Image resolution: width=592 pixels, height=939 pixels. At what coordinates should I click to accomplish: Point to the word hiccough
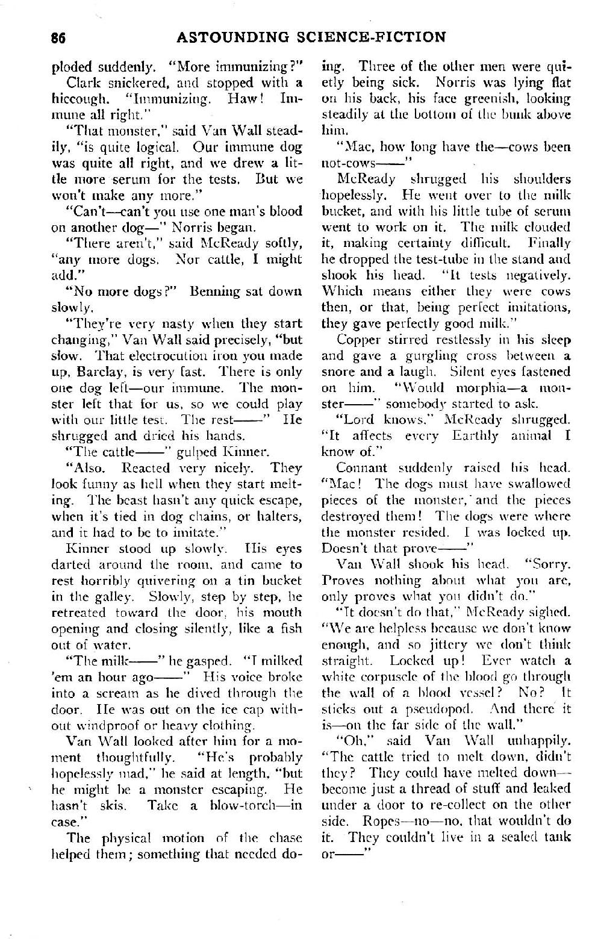[x=78, y=98]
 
